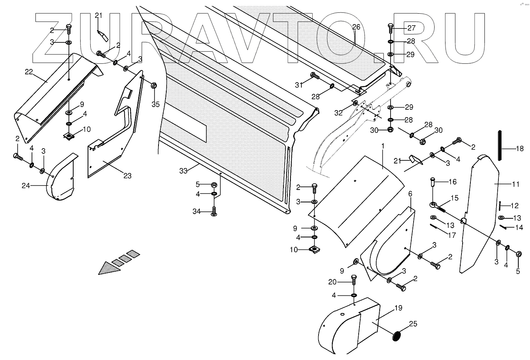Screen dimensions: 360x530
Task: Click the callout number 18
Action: pyautogui.click(x=520, y=148)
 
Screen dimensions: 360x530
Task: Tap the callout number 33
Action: pyautogui.click(x=183, y=170)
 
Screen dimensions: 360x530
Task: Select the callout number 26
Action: pyautogui.click(x=356, y=27)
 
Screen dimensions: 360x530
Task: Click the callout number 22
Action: pyautogui.click(x=29, y=72)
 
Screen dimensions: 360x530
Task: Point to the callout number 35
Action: pyautogui.click(x=155, y=104)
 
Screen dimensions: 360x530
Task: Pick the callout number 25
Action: pyautogui.click(x=413, y=324)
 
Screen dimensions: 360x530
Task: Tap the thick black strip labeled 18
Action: pyautogui.click(x=500, y=146)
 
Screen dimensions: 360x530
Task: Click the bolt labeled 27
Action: pyautogui.click(x=391, y=28)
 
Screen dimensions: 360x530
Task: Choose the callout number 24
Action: pyautogui.click(x=26, y=186)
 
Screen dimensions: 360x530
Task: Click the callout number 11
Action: pyautogui.click(x=516, y=184)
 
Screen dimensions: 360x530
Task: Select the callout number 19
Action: pyautogui.click(x=398, y=308)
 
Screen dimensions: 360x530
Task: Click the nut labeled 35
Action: pyautogui.click(x=153, y=86)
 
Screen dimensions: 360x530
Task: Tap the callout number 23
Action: pyautogui.click(x=127, y=176)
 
